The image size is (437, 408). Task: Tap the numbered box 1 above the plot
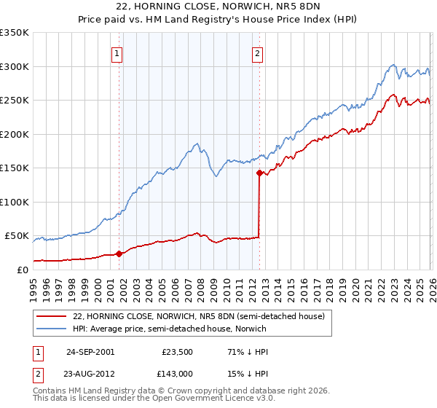coord(117,52)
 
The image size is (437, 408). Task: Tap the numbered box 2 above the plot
coord(258,52)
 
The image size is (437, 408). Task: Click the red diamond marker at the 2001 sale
coord(119,254)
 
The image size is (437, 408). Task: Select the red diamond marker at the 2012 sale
coord(259,173)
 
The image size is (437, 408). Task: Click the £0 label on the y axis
coord(22,270)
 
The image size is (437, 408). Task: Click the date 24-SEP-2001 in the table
coord(90,351)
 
